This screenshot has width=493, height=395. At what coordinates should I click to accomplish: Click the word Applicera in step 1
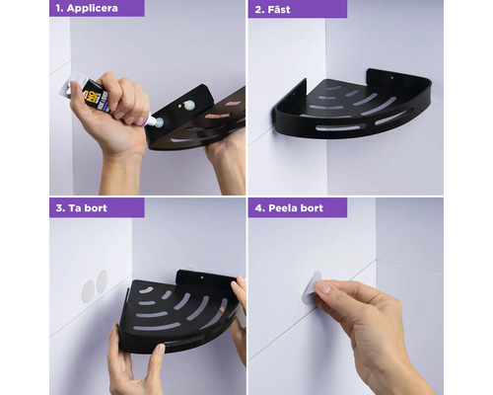[x=93, y=8]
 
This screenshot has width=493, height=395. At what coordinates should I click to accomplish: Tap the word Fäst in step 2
[x=279, y=9]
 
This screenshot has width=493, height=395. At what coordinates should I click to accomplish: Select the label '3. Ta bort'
[x=82, y=208]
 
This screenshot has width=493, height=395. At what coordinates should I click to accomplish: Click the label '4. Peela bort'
[x=289, y=208]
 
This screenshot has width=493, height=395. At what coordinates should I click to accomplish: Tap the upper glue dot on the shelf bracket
[x=189, y=105]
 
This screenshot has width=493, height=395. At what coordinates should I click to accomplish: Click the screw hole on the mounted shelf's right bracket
[x=391, y=78]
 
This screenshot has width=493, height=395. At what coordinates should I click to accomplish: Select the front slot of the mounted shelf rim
[x=341, y=127]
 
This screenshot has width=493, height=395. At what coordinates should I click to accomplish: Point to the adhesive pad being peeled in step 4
[x=311, y=287]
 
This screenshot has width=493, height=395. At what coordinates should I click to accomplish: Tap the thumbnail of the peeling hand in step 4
[x=324, y=288]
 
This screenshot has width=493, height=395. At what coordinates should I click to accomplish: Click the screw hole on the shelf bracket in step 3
[x=202, y=278]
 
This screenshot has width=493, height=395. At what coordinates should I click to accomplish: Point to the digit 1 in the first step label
[x=58, y=8]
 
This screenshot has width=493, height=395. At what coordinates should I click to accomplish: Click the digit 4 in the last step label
[x=258, y=208]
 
